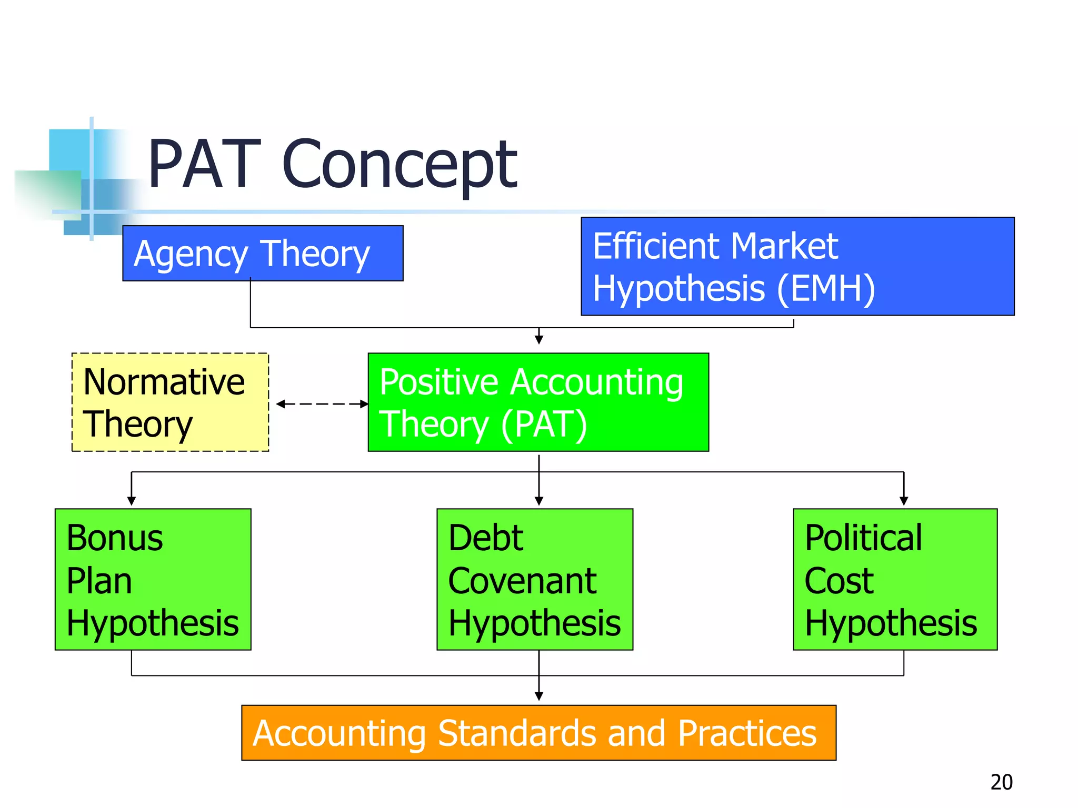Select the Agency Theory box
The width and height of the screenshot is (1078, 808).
click(263, 253)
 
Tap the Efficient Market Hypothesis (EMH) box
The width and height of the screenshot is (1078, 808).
click(797, 266)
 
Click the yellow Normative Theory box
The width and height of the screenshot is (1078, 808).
click(170, 402)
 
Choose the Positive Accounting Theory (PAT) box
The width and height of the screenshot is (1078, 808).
click(538, 402)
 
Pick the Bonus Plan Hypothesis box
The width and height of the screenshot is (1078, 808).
click(153, 579)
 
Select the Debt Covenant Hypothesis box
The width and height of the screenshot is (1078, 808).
click(534, 579)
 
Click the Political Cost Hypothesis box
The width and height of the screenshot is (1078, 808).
click(895, 579)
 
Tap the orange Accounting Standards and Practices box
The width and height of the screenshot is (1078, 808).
click(538, 733)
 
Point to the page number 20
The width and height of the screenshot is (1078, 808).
click(1001, 782)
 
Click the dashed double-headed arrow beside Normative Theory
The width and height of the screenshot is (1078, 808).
click(322, 404)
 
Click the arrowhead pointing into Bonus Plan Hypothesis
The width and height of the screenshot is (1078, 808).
click(132, 501)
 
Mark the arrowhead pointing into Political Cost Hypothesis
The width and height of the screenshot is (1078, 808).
click(904, 501)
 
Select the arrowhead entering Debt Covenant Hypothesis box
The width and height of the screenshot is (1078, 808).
click(539, 501)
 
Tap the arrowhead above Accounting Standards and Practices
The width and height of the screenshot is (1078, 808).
click(539, 696)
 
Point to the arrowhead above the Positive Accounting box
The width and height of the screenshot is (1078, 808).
click(539, 339)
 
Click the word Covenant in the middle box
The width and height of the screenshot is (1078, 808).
click(522, 581)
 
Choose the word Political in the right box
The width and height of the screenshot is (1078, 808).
click(863, 538)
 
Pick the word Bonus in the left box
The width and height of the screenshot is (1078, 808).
click(115, 538)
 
